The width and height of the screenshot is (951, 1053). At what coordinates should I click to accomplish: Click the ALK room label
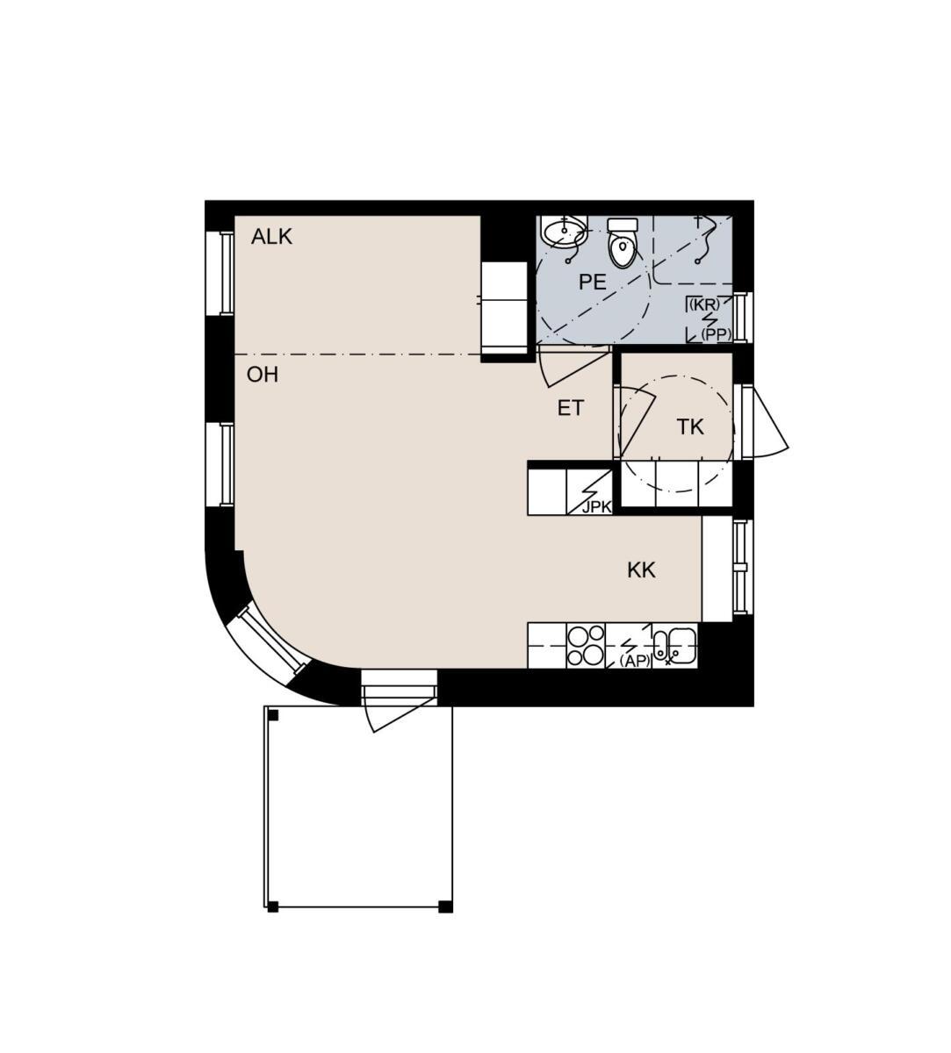tap(271, 237)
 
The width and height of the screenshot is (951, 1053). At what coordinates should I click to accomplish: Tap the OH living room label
tap(263, 375)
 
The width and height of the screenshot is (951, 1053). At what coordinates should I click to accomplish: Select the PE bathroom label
tap(592, 283)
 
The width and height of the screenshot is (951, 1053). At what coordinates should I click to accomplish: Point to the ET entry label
tap(571, 408)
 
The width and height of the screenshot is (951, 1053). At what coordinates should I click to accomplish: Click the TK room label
tap(690, 427)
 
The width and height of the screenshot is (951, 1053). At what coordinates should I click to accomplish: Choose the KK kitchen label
tap(641, 570)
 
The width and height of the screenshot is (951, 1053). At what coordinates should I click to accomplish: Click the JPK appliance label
tap(597, 507)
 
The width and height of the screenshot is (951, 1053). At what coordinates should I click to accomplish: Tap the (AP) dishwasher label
tap(635, 662)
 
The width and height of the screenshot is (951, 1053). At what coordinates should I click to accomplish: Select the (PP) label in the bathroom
tap(717, 335)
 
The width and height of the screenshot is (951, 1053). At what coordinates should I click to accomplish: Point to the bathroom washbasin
tap(564, 232)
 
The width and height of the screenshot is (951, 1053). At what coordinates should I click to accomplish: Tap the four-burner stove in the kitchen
tap(586, 645)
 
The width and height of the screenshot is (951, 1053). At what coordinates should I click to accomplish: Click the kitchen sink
tap(675, 645)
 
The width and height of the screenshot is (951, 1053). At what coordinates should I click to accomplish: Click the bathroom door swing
tap(573, 367)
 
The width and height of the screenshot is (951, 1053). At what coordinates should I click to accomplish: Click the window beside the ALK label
tap(220, 274)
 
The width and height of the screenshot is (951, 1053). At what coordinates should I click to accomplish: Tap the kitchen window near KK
tap(742, 567)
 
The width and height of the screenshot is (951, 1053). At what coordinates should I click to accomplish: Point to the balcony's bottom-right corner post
tap(445, 906)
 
